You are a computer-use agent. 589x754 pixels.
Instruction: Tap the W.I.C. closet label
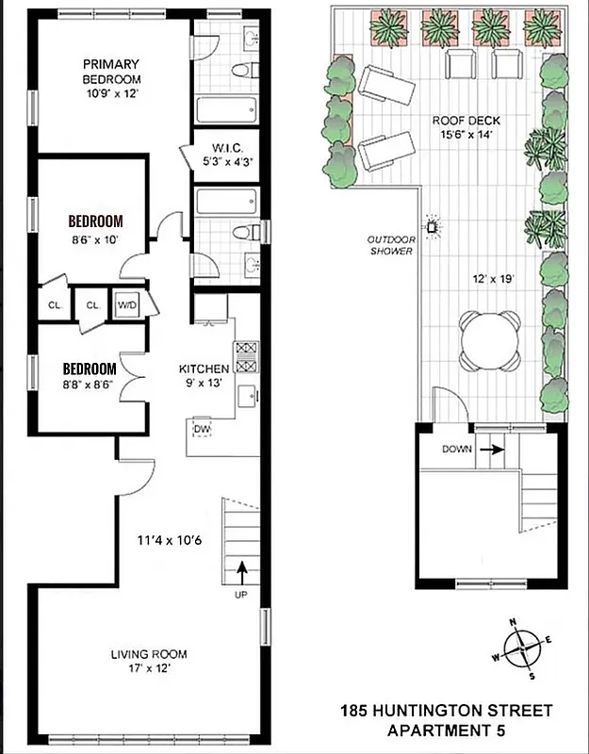click(x=229, y=147)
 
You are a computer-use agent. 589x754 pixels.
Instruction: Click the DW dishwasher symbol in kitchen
click(x=202, y=430)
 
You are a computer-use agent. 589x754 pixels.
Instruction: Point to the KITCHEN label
click(x=205, y=369)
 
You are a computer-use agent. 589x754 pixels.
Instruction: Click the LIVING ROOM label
click(x=149, y=654)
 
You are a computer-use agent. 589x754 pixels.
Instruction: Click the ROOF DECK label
click(x=466, y=121)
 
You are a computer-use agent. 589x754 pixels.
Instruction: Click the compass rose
click(x=519, y=649)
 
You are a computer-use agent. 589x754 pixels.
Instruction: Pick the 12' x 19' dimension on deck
click(x=490, y=279)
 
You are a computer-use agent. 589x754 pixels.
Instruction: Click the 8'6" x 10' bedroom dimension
click(x=94, y=239)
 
